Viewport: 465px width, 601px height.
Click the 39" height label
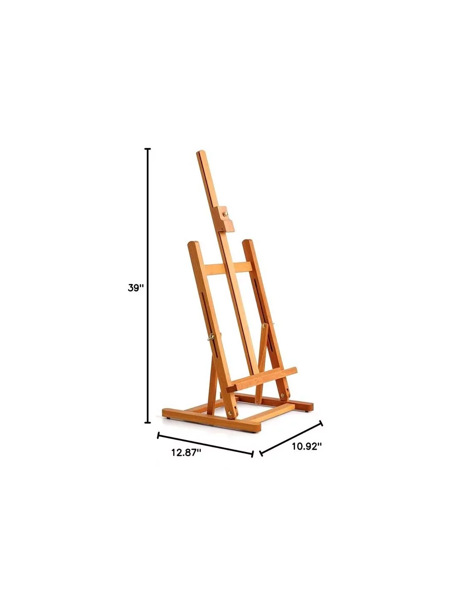(x=136, y=288)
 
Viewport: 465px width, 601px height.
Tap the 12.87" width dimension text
(x=186, y=453)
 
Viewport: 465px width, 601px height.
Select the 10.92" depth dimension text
(x=307, y=446)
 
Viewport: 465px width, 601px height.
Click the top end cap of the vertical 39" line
(x=148, y=149)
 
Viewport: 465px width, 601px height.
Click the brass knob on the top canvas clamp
(x=226, y=214)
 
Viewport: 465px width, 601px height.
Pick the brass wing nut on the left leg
(x=211, y=337)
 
